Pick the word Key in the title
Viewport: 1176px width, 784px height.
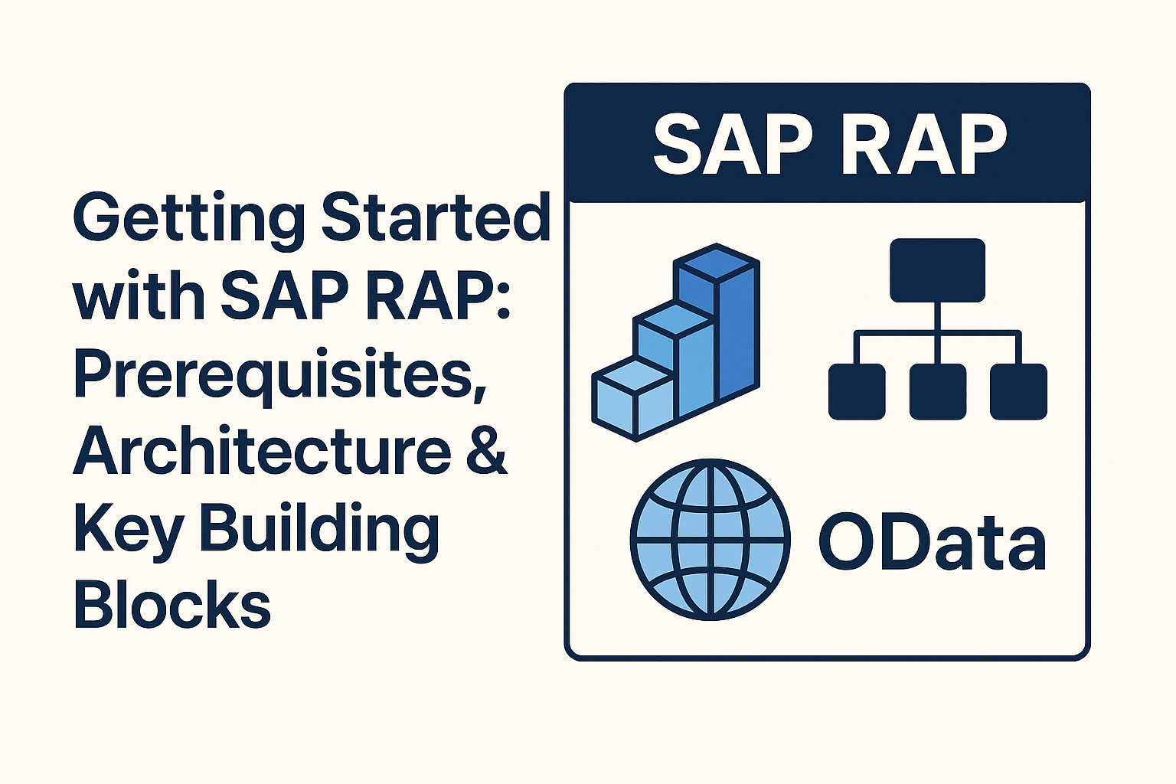click(128, 531)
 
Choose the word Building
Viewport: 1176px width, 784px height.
click(319, 531)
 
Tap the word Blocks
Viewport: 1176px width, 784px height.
click(172, 604)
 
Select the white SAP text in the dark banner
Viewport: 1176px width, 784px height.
click(731, 145)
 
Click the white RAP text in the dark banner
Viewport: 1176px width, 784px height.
click(923, 145)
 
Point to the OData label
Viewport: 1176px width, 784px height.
click(932, 543)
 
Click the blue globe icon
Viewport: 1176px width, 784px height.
click(710, 539)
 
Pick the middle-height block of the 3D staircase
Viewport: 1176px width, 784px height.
click(674, 360)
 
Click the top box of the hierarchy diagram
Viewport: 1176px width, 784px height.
click(937, 269)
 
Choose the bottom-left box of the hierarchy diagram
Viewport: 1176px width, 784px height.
click(857, 391)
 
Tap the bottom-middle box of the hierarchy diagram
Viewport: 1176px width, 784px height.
click(937, 391)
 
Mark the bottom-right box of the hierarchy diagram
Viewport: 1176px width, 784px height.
click(1018, 391)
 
